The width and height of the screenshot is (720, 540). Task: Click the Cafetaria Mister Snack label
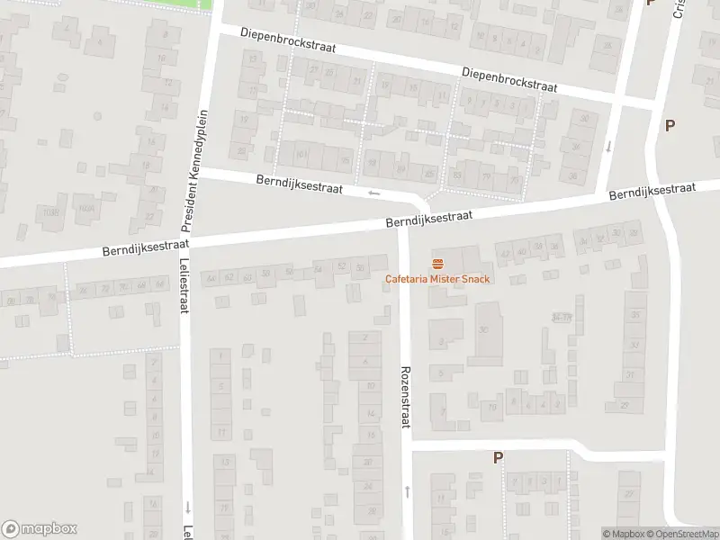coord(437,279)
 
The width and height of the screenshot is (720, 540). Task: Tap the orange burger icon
coord(437,264)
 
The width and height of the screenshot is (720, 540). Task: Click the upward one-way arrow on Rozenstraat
coord(407,491)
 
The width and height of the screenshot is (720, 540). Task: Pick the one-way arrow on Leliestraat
coord(187,507)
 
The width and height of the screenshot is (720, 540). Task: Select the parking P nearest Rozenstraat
coord(498,457)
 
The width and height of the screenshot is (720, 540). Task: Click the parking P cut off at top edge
coord(650,3)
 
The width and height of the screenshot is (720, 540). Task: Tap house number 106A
coord(85,208)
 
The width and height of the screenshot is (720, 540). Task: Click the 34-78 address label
coord(562,317)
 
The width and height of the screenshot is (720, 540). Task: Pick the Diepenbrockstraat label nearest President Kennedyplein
coord(287,41)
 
